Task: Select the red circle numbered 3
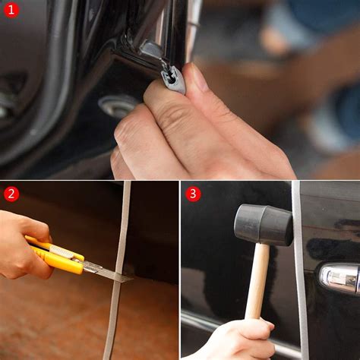[x=193, y=194]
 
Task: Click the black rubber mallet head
[x=263, y=223]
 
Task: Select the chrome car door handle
[x=338, y=278]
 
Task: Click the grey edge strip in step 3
[x=301, y=289]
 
